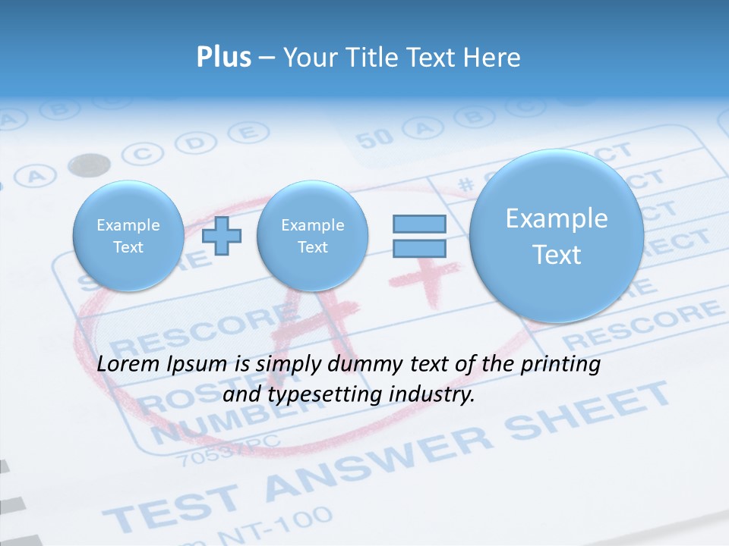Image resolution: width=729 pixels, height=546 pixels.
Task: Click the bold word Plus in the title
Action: (x=224, y=58)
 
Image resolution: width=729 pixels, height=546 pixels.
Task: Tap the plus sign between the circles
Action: (x=222, y=236)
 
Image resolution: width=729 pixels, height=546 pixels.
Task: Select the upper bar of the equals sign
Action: (x=419, y=224)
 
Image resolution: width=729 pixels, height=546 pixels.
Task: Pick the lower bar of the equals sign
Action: (x=419, y=248)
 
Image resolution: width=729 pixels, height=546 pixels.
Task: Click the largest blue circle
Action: (x=557, y=236)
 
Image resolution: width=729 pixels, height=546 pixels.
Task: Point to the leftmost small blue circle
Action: (x=128, y=236)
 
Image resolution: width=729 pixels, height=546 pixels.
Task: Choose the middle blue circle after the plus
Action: (x=312, y=236)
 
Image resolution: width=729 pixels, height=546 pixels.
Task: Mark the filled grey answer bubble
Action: (x=89, y=164)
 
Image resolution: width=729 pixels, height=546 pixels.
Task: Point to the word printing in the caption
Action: (x=560, y=365)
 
